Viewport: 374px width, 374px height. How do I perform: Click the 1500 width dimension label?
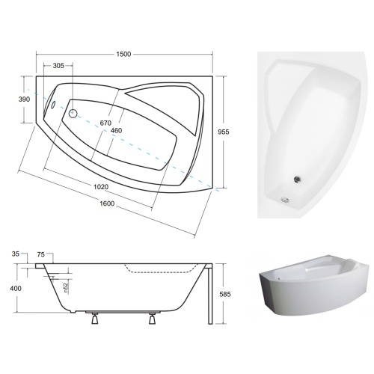click(x=123, y=54)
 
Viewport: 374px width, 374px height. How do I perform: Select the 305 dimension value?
click(x=58, y=66)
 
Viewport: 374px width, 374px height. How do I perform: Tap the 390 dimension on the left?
click(x=24, y=99)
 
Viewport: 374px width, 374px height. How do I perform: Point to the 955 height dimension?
click(x=224, y=132)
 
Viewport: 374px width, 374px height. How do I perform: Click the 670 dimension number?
click(x=105, y=123)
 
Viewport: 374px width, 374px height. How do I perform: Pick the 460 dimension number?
click(x=116, y=130)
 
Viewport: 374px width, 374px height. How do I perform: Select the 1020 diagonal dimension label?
click(x=101, y=187)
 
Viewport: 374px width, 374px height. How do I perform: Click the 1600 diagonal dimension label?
click(x=107, y=203)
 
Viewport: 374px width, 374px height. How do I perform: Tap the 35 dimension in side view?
click(x=15, y=254)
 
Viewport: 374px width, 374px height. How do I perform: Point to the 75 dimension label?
click(x=40, y=254)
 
